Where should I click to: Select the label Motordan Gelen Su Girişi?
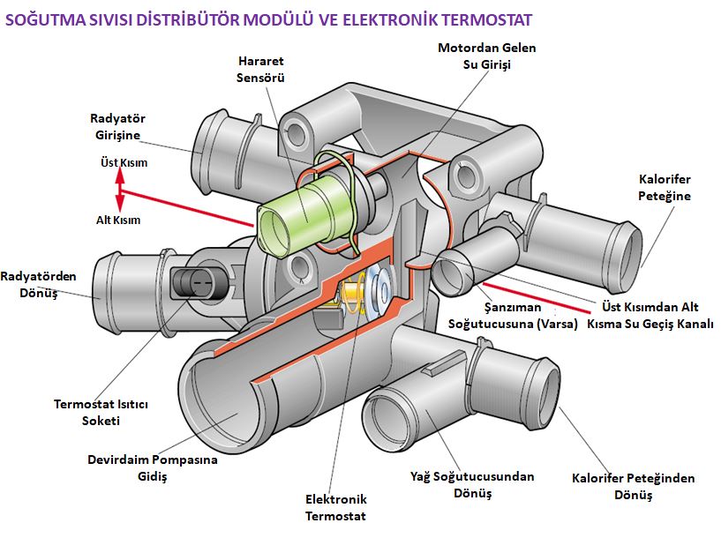pyautogui.click(x=486, y=56)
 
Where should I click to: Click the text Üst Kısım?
pyautogui.click(x=123, y=162)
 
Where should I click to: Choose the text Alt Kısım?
pyautogui.click(x=118, y=220)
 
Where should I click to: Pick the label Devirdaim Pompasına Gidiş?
pyautogui.click(x=152, y=467)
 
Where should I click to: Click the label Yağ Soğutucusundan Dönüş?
pyautogui.click(x=472, y=484)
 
